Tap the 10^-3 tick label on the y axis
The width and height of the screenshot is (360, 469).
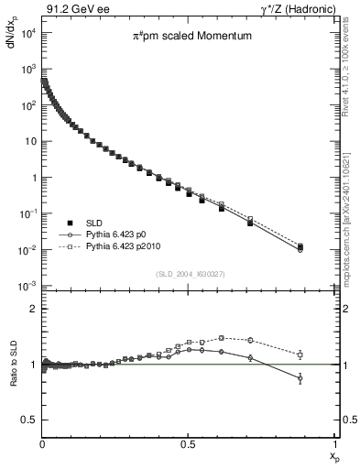[27, 286]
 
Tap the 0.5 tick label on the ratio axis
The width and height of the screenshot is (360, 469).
[27, 420]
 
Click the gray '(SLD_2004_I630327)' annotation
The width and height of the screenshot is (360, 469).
[188, 274]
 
